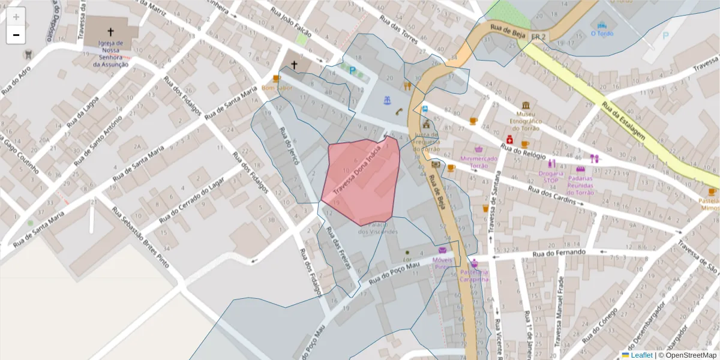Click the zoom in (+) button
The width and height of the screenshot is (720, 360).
[x=16, y=17]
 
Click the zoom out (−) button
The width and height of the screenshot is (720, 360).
[x=16, y=35]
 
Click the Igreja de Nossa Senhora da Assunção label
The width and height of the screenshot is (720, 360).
[x=110, y=53]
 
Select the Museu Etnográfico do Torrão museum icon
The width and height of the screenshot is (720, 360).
[x=526, y=106]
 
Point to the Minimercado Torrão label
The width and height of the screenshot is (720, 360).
[x=479, y=162]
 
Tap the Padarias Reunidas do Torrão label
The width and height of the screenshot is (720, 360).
[x=580, y=185]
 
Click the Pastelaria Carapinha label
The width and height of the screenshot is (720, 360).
[x=474, y=275]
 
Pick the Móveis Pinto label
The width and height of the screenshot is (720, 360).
[x=442, y=263]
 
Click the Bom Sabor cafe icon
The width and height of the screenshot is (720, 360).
[x=277, y=79]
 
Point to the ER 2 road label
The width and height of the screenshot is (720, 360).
[x=539, y=37]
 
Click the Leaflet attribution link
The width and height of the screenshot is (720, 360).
[x=641, y=355]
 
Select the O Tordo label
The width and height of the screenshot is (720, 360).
[x=602, y=34]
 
